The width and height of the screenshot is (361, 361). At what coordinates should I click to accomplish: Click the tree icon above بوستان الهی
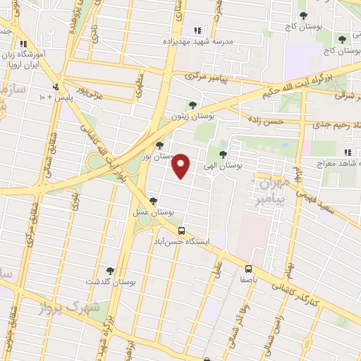tap(224, 155)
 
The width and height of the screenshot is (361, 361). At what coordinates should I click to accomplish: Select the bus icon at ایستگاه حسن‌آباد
tap(182, 231)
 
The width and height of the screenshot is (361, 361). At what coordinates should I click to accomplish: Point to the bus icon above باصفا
tap(248, 269)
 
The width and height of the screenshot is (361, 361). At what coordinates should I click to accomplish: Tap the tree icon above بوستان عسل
tap(154, 201)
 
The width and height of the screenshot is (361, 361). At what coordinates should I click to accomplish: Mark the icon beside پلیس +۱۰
tap(56, 87)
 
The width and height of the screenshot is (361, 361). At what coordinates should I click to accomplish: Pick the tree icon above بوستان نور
tap(160, 145)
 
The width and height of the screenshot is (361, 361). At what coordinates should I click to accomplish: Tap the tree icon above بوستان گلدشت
tap(109, 270)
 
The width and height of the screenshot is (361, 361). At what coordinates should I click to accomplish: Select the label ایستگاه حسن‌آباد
tap(187, 241)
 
